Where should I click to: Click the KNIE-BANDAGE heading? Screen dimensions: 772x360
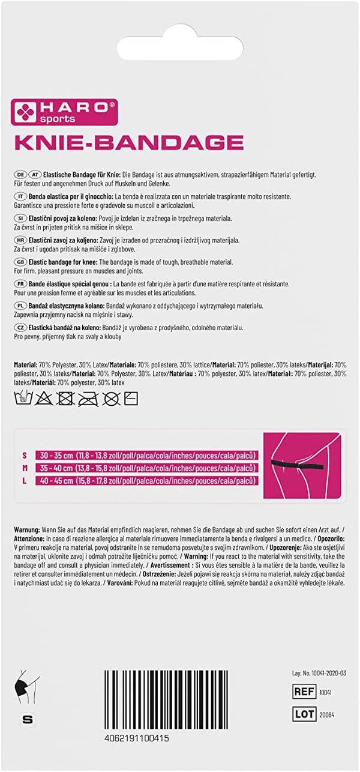(x=128, y=142)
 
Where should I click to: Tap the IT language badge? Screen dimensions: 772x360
(x=19, y=196)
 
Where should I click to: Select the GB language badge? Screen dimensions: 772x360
(x=19, y=262)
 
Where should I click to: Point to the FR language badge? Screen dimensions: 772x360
(x=19, y=283)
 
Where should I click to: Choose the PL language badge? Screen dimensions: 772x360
(x=19, y=306)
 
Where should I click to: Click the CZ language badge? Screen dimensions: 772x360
(x=19, y=327)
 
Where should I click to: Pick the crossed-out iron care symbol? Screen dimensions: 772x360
(x=88, y=397)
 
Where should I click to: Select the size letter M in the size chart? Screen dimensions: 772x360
(x=25, y=468)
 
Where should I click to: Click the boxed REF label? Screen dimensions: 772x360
(x=305, y=692)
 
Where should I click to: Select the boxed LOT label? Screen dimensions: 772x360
(x=305, y=714)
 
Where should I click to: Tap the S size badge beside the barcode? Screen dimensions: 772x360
(x=26, y=719)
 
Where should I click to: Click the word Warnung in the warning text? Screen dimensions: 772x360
(x=26, y=531)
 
